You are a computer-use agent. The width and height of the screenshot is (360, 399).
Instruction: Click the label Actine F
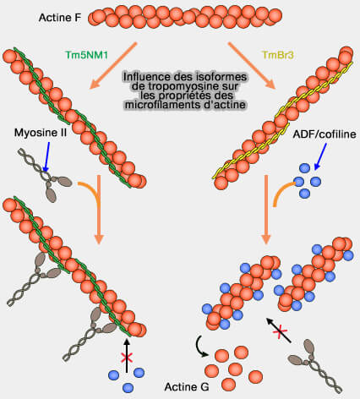(x=60, y=18)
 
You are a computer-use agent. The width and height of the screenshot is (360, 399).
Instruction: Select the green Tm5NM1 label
(x=87, y=55)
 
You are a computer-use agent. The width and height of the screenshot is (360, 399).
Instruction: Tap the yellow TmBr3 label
(x=278, y=55)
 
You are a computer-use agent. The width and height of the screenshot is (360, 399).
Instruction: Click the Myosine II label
(x=41, y=133)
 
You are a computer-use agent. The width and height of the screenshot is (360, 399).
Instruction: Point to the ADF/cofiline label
(x=325, y=134)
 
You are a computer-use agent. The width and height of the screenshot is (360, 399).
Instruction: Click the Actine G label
(x=187, y=387)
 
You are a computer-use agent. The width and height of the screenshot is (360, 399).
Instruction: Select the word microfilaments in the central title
(x=159, y=105)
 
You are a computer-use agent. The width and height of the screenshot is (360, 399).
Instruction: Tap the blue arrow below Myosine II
(x=46, y=156)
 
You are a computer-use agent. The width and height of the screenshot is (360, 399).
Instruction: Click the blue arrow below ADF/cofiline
(x=320, y=156)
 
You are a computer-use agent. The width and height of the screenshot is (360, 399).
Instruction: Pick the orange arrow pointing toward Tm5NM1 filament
(x=113, y=66)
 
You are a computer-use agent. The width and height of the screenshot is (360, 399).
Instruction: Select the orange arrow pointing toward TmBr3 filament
(x=252, y=66)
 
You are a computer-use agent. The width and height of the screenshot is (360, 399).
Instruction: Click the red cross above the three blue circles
(x=127, y=358)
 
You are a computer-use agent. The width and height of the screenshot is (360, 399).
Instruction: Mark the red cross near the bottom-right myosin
(x=279, y=331)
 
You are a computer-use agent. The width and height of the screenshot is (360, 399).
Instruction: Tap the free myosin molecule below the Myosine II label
(x=45, y=175)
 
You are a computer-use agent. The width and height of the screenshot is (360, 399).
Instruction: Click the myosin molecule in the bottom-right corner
(x=315, y=365)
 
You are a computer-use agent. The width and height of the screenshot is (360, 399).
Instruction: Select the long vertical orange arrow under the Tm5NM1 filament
(x=99, y=210)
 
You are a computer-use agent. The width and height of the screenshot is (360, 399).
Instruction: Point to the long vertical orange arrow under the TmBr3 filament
(x=266, y=210)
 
